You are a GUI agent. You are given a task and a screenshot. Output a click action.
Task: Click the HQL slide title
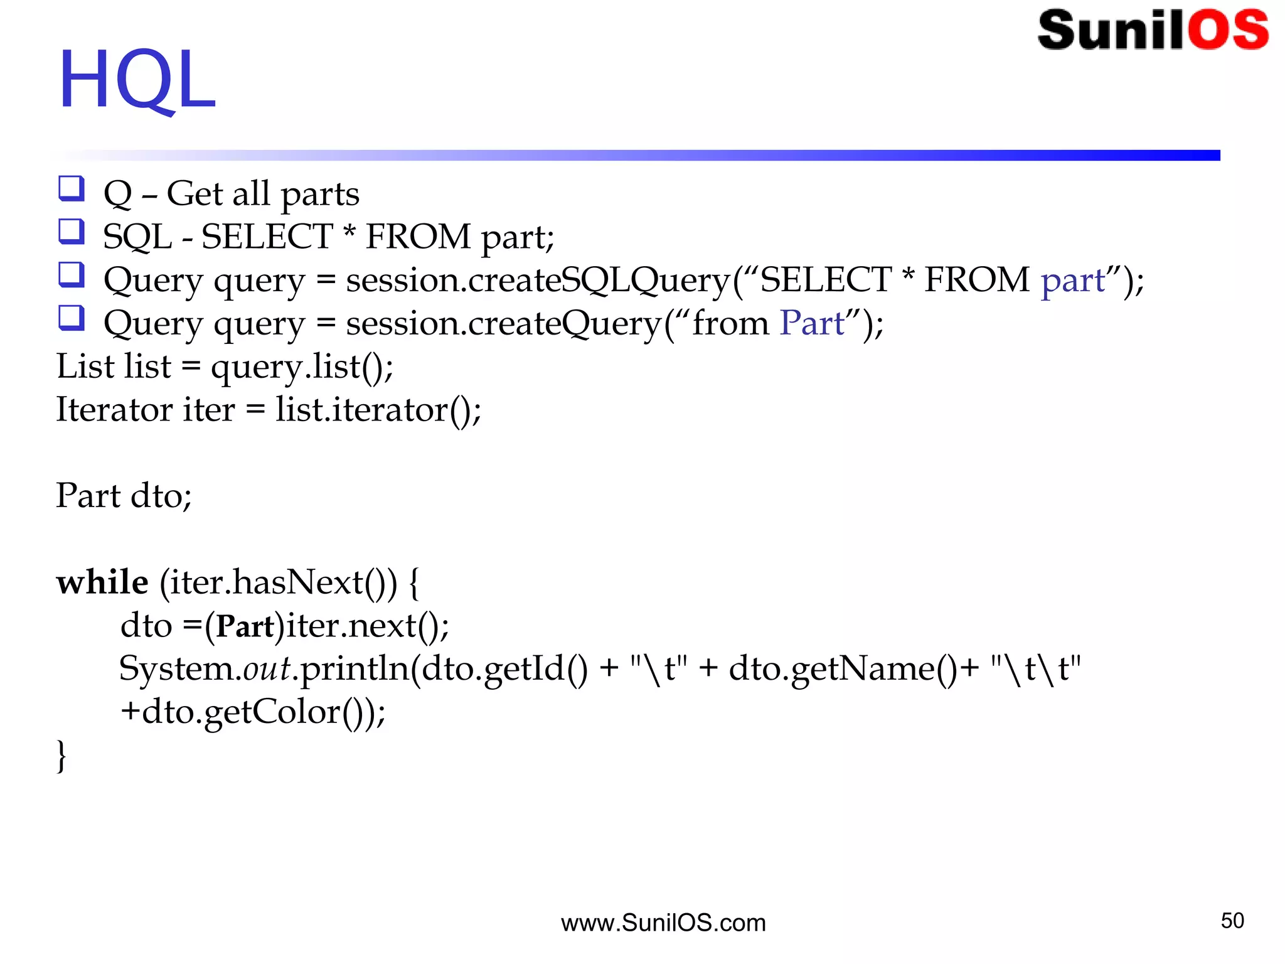pos(137,80)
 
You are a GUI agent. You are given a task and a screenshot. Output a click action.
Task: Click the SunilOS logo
pos(1153,29)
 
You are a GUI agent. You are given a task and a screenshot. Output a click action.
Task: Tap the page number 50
pos(1232,921)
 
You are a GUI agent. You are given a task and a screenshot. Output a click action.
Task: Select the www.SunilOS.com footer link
pos(663,923)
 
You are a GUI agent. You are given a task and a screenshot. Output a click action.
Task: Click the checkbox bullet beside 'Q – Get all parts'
pos(72,188)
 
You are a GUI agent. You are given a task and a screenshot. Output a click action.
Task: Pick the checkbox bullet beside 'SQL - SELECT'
pos(72,231)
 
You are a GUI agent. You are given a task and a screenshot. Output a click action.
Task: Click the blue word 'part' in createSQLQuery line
pos(1072,280)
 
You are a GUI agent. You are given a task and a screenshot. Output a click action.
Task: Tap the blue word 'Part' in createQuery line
pos(812,323)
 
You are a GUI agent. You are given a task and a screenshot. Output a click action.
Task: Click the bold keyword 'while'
pos(102,582)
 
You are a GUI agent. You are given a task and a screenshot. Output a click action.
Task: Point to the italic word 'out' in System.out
pos(267,668)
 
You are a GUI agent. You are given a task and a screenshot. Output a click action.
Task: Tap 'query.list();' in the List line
pos(302,367)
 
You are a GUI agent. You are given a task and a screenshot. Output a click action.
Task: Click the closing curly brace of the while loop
pos(61,756)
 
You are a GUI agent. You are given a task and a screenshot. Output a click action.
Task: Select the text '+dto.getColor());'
pos(253,712)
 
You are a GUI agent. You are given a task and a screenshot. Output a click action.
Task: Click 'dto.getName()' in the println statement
pos(843,668)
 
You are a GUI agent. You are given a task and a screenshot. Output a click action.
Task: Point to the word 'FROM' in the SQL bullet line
pos(418,237)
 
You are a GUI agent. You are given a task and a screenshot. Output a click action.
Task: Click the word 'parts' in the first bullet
pos(320,195)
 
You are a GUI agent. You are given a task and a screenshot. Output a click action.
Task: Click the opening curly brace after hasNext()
pos(413,582)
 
